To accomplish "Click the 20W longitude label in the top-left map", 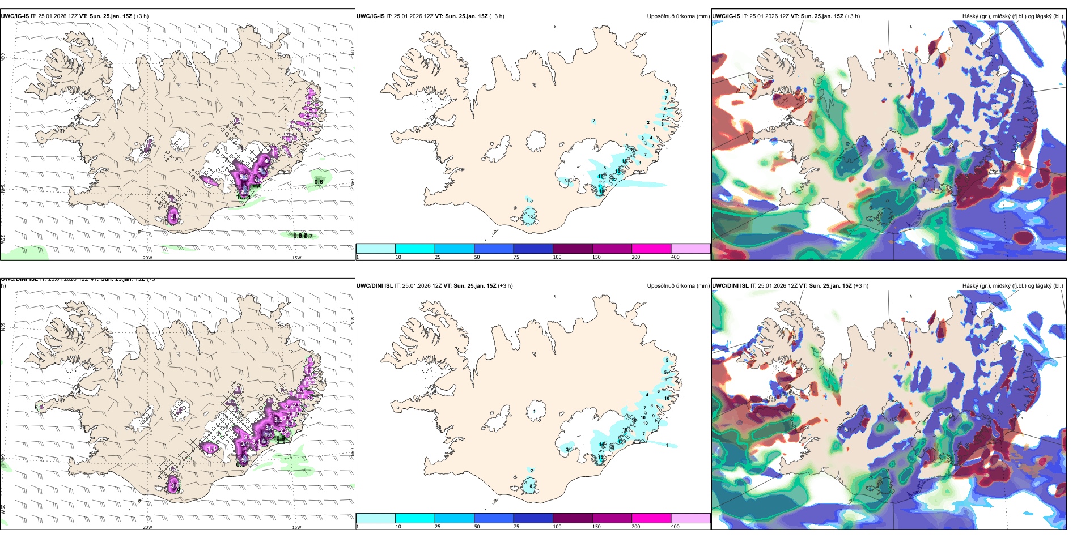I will (x=147, y=258).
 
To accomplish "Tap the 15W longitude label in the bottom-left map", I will (x=296, y=527).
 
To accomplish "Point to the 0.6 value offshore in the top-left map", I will (x=319, y=182).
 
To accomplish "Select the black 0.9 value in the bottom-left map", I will (x=281, y=438).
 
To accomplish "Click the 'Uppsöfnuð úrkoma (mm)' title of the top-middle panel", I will (x=678, y=16).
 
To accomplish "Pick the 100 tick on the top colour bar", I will (x=557, y=257).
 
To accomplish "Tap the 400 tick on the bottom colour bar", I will (x=675, y=527).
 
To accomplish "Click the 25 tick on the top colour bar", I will (x=438, y=257).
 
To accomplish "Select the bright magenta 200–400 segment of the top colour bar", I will (x=651, y=249).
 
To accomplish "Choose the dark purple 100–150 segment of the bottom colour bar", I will (x=573, y=518).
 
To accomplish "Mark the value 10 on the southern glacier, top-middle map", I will (x=531, y=216).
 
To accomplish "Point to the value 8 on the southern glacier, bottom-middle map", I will (x=531, y=486).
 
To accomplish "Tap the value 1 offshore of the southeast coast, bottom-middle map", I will (x=667, y=445).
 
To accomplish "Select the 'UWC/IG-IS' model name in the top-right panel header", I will (x=726, y=16).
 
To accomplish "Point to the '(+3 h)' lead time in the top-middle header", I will (x=497, y=16).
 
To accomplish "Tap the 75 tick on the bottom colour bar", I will (x=516, y=527).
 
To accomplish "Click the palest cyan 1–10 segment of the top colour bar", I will (x=376, y=249).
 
